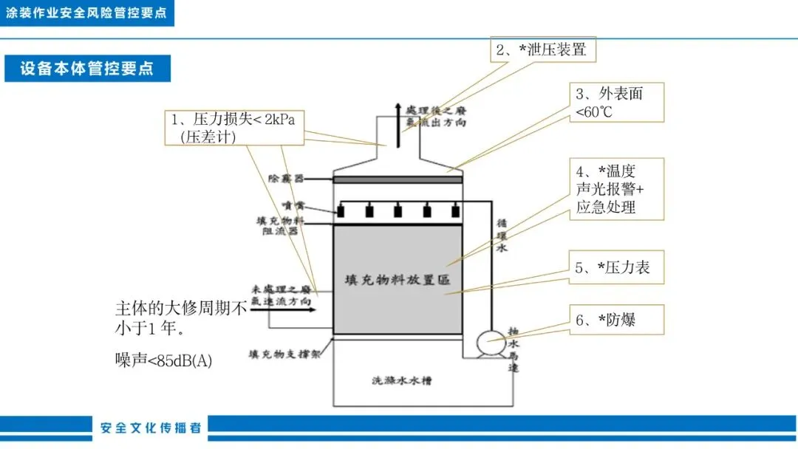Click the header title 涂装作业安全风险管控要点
tap(86, 13)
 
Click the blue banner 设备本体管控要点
tap(87, 69)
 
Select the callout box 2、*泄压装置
tap(542, 50)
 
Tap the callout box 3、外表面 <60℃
tap(618, 103)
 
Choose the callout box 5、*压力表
tap(615, 267)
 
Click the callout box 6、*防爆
tap(615, 320)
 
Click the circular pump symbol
tap(489, 342)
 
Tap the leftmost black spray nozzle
tap(341, 210)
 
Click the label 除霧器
tap(284, 179)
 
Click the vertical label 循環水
tap(502, 236)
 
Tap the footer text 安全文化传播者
tap(151, 428)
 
